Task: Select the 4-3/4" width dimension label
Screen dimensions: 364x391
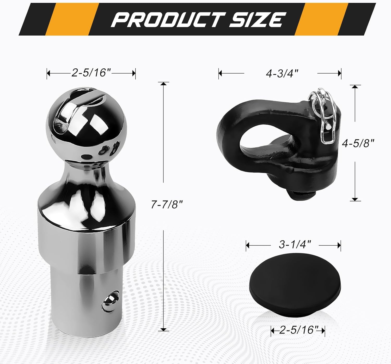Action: (282, 74)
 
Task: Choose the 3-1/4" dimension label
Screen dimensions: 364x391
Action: (295, 245)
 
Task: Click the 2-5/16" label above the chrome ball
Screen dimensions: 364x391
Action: (91, 73)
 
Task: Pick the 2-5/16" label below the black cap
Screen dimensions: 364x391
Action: (297, 330)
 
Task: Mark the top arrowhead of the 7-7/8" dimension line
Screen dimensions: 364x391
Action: (163, 84)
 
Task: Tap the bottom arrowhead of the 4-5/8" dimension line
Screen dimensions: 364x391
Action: (355, 199)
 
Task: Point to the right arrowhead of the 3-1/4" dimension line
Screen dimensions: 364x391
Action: (339, 245)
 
